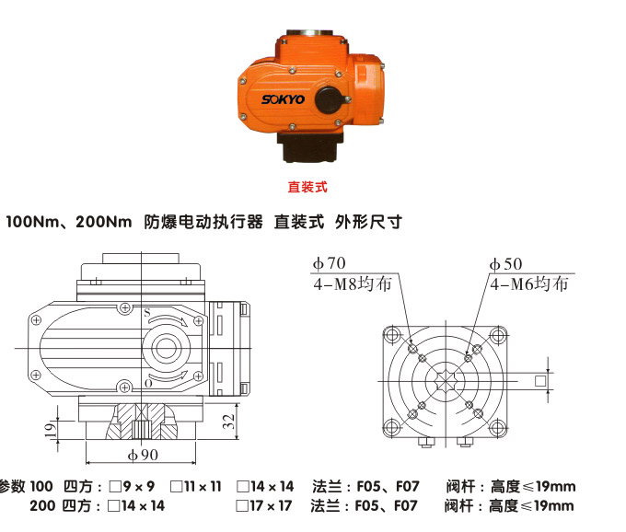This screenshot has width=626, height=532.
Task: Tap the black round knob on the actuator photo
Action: coord(329,98)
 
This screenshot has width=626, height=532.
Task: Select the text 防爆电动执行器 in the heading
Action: coord(203,223)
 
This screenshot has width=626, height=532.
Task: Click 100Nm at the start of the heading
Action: coord(30,223)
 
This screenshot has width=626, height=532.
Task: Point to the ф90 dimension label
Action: coord(143,454)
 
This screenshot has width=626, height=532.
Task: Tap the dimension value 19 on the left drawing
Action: coord(52,428)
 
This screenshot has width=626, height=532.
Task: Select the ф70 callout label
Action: coord(329,265)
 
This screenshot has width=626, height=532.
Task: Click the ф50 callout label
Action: coord(505,265)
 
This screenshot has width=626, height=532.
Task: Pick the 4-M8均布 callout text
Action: coord(352,283)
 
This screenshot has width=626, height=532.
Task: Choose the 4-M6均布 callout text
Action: coord(528,283)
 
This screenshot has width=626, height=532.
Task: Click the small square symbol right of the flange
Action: coord(541,380)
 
